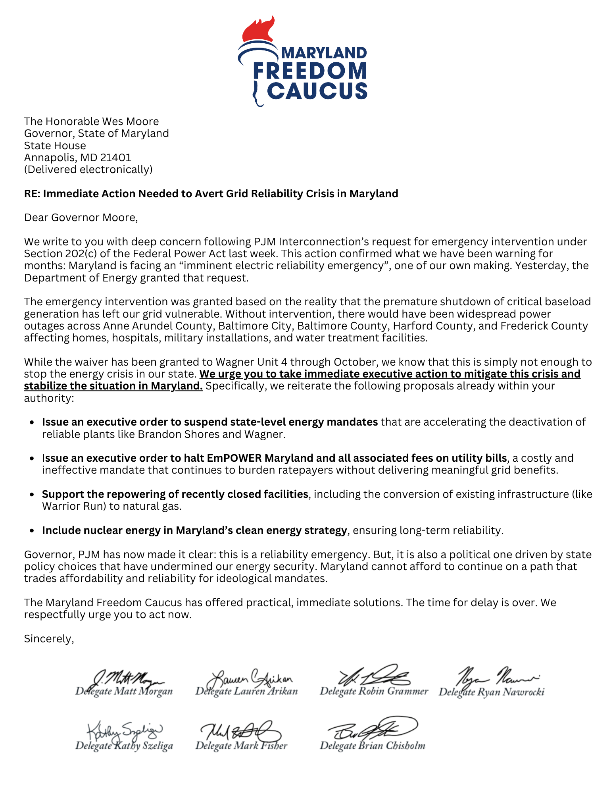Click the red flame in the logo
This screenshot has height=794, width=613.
click(258, 30)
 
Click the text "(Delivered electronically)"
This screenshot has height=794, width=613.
click(88, 170)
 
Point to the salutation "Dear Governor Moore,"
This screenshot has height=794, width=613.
click(81, 218)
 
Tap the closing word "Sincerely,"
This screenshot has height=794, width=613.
click(49, 639)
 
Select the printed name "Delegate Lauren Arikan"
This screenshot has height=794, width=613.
click(246, 691)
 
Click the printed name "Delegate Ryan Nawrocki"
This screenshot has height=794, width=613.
click(491, 692)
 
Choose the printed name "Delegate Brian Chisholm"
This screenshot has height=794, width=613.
click(372, 746)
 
